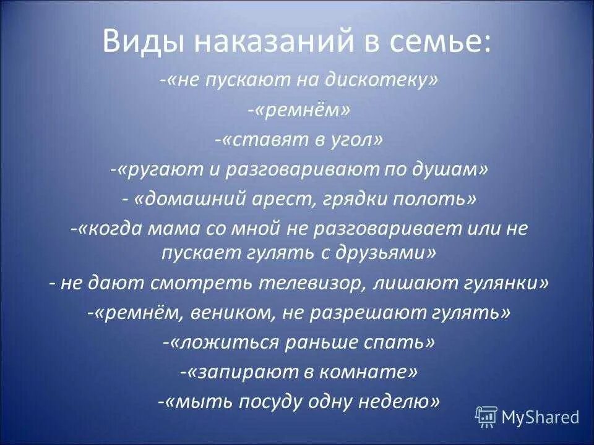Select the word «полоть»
(x=436, y=200)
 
